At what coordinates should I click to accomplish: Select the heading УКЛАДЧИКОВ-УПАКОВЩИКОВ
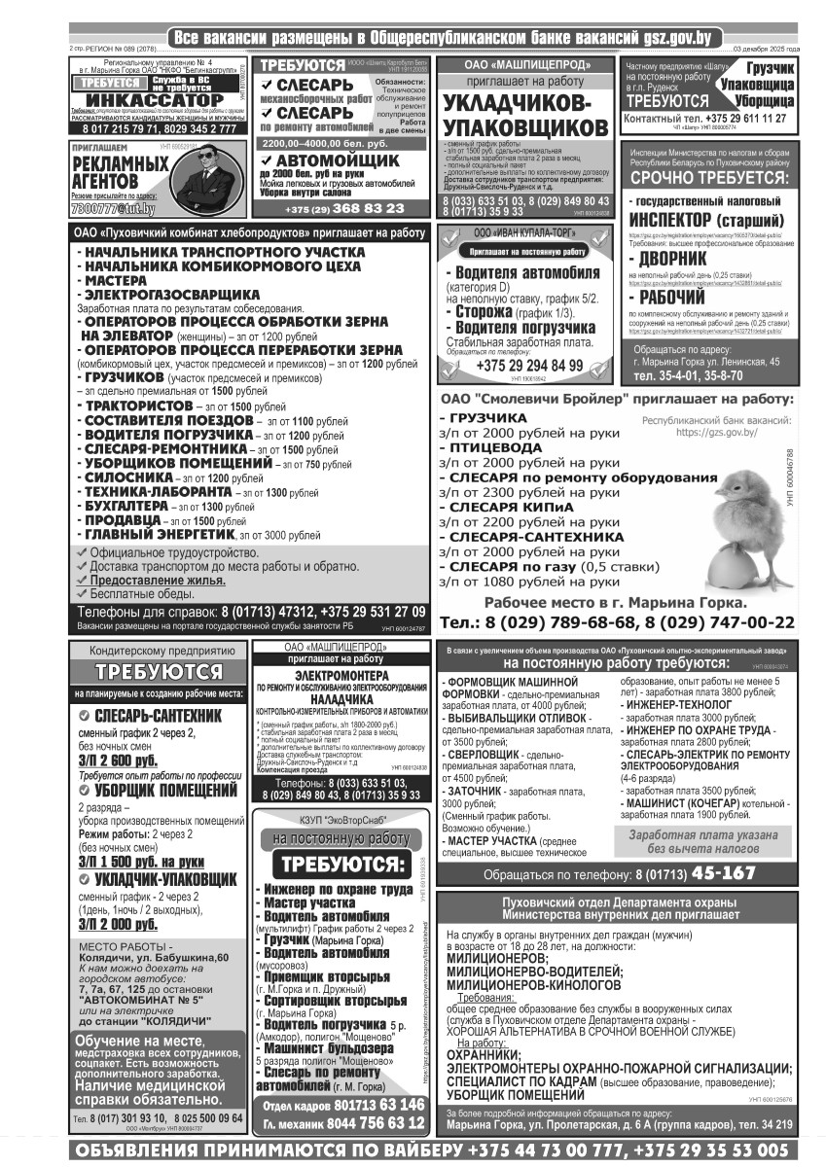524,116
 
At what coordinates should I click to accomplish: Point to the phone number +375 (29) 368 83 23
344,208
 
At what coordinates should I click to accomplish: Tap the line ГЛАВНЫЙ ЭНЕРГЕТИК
160,534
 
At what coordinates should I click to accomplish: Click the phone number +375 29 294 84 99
529,366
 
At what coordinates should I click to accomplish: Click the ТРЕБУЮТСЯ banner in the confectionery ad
158,672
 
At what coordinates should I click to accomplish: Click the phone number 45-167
723,873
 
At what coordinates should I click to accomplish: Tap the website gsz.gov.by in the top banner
669,38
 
